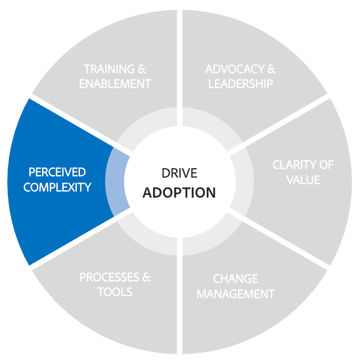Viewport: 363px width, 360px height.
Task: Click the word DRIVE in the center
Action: (x=179, y=173)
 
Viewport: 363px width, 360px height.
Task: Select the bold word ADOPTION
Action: (x=179, y=192)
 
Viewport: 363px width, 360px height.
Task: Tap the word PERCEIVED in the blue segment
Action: (x=57, y=172)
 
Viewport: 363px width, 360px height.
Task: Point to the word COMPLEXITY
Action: (x=57, y=187)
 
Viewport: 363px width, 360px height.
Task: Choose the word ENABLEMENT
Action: (x=115, y=84)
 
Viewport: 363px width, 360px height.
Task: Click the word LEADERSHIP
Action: (x=240, y=84)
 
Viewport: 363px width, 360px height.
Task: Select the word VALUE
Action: (x=303, y=180)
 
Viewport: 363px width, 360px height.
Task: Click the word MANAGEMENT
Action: (x=236, y=294)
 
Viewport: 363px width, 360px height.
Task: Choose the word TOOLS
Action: (x=115, y=292)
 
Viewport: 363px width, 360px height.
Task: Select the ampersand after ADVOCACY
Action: (x=271, y=69)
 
